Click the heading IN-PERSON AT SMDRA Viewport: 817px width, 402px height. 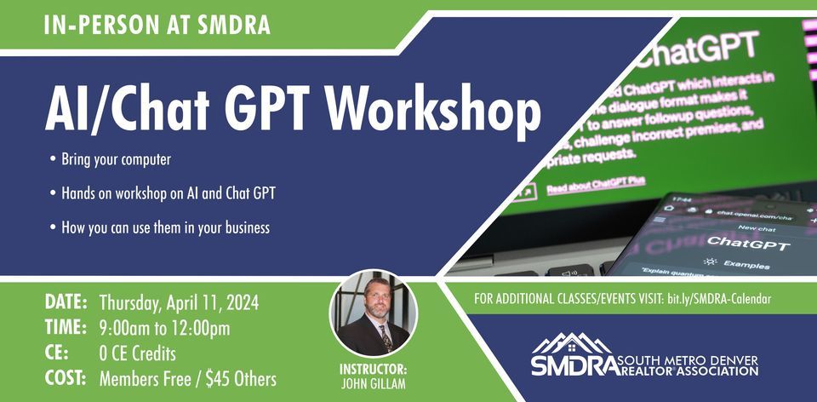pos(157,25)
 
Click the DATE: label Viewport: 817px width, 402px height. pos(64,302)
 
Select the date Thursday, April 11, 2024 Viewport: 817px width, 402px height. pos(180,302)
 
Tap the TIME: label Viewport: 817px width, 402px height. pos(64,328)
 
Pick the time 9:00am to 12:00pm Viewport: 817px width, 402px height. pos(165,328)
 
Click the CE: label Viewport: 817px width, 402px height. pos(55,353)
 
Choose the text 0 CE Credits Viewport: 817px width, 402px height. pos(138,353)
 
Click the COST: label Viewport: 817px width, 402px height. pos(64,377)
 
